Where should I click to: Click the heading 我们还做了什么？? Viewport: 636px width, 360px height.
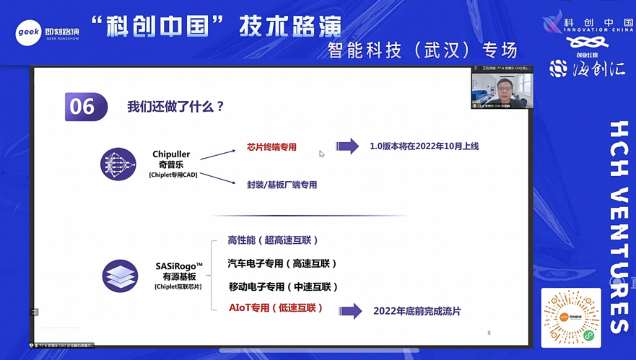(176, 107)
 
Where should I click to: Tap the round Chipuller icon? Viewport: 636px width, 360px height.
(118, 164)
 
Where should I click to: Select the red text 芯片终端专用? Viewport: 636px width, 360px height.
(271, 147)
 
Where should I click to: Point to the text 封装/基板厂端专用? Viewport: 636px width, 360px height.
(282, 185)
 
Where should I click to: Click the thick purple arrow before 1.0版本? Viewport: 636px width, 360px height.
(347, 146)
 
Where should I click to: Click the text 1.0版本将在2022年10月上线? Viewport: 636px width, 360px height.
(424, 146)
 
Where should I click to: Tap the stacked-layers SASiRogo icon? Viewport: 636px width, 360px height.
(120, 276)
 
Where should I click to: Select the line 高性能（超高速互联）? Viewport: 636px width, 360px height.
(273, 240)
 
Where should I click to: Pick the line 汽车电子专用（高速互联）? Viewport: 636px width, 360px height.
(282, 263)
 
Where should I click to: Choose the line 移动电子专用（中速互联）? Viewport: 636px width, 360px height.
(283, 286)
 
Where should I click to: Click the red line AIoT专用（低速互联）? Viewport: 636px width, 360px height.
(276, 308)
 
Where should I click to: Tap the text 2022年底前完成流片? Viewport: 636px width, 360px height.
(417, 311)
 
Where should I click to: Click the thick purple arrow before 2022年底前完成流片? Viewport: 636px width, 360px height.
(350, 311)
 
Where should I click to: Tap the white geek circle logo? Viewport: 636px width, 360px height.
(28, 32)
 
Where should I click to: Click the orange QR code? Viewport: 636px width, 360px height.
(571, 317)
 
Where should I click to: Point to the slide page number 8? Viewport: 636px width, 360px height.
(489, 333)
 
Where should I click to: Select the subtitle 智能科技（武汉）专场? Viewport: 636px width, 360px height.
(423, 51)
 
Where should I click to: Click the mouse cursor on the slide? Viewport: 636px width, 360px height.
(321, 153)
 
